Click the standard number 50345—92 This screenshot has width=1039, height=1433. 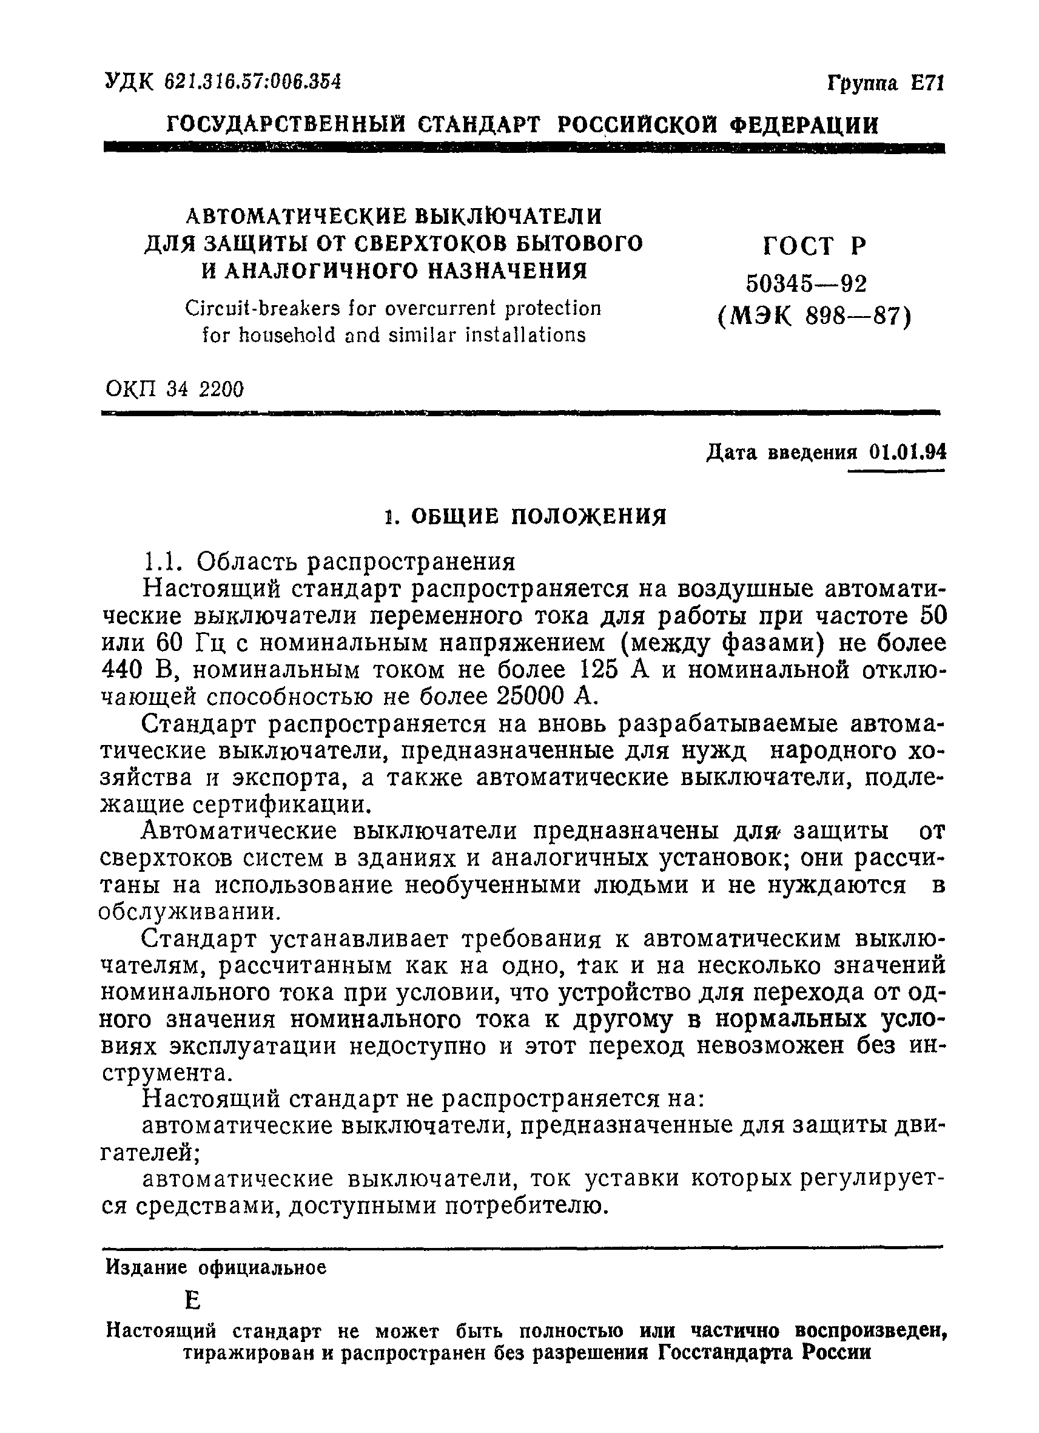coord(807,284)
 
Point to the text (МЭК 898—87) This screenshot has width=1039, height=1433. coord(815,315)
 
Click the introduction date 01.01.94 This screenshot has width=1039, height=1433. coord(907,453)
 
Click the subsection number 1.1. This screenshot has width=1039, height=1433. coord(164,562)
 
